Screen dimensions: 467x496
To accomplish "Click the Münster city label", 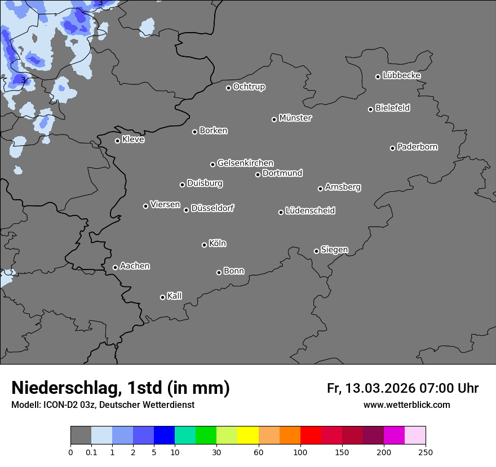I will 295,118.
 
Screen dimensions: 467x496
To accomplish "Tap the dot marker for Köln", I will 204,245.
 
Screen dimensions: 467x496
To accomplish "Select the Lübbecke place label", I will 401,75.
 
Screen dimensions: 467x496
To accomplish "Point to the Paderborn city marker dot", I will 393,148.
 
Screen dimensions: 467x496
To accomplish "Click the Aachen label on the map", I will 135,266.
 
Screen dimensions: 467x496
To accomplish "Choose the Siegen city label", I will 334,250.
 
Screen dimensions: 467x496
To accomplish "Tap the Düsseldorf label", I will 212,208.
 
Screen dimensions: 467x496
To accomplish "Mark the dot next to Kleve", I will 117,141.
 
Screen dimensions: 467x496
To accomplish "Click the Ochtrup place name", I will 249,87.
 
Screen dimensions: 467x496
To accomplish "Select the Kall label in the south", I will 174,296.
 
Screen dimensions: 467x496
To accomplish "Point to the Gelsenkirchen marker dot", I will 212,164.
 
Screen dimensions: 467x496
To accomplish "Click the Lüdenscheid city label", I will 310,211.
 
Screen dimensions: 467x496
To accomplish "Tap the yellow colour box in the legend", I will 248,435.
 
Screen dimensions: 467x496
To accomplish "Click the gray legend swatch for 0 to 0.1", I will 81,435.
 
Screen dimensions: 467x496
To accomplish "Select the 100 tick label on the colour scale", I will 300,452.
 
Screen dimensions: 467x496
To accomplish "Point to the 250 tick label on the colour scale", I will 426,452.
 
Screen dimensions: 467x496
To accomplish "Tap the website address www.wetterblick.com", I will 406,405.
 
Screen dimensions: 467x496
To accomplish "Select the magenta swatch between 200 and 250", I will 395,435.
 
